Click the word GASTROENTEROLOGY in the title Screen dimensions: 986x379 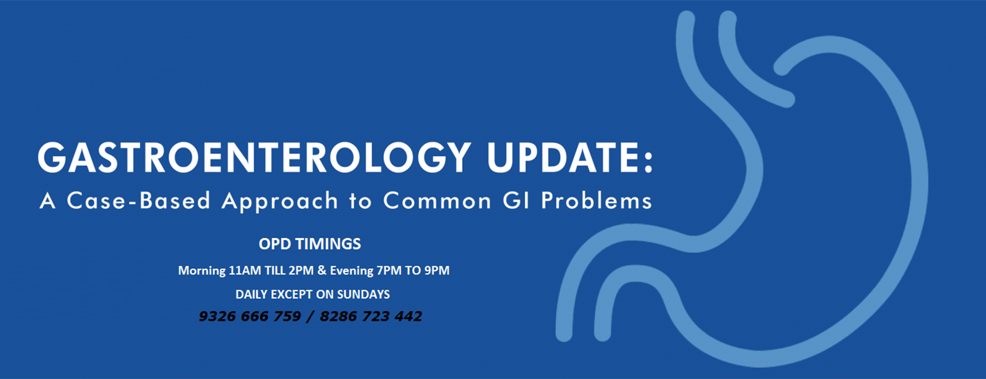pos(255,158)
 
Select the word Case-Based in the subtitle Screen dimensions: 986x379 pos(139,201)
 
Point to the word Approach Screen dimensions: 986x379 pos(280,202)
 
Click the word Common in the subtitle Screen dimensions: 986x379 pos(437,201)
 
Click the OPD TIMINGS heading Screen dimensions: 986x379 pos(310,244)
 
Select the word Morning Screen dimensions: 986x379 pos(202,271)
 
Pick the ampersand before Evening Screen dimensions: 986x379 pos(322,270)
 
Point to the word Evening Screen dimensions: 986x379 pos(352,270)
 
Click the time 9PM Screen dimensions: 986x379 pos(437,270)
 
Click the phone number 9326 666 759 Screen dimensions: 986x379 pos(250,316)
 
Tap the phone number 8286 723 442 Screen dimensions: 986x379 pos(371,316)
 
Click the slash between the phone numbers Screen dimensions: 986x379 pos(311,317)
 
